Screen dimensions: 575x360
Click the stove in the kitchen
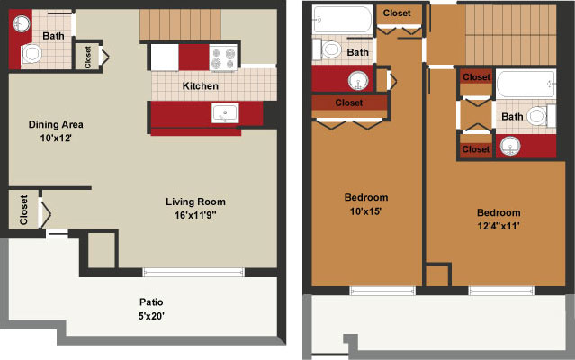pyautogui.click(x=223, y=58)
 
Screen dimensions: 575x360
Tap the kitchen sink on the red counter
pyautogui.click(x=225, y=113)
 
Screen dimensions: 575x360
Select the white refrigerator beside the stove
pyautogui.click(x=165, y=58)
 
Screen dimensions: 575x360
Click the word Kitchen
pyautogui.click(x=201, y=86)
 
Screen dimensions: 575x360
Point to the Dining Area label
pyautogui.click(x=56, y=124)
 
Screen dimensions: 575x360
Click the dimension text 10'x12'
pyautogui.click(x=56, y=139)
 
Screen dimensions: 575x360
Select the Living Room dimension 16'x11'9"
pyautogui.click(x=195, y=215)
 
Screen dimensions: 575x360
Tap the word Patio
pyautogui.click(x=151, y=302)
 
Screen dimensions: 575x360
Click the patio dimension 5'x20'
pyautogui.click(x=151, y=316)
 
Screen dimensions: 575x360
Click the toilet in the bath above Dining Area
pyautogui.click(x=31, y=55)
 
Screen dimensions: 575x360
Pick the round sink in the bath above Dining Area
pyautogui.click(x=22, y=23)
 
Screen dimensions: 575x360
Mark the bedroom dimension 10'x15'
pyautogui.click(x=365, y=211)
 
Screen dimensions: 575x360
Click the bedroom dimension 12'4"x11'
pyautogui.click(x=499, y=226)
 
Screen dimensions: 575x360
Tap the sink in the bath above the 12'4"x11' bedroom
pyautogui.click(x=510, y=147)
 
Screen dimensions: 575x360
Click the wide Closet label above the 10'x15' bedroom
pyautogui.click(x=349, y=103)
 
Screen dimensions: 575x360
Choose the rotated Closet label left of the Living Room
pyautogui.click(x=23, y=210)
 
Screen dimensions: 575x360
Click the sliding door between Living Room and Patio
pyautogui.click(x=193, y=272)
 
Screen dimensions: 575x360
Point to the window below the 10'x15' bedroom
pyautogui.click(x=382, y=291)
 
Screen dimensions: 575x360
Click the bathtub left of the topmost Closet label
pyautogui.click(x=343, y=20)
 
